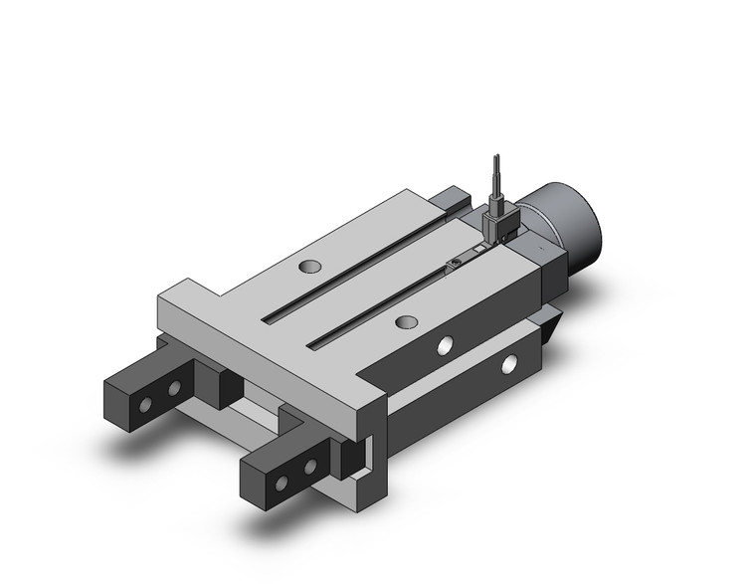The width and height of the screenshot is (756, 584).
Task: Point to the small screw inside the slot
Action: click(454, 262)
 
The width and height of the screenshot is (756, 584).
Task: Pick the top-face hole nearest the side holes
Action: click(404, 321)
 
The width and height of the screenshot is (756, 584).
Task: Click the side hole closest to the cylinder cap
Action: click(509, 363)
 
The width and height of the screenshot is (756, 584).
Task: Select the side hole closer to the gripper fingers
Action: click(445, 345)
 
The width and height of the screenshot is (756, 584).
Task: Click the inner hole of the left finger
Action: click(175, 386)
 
